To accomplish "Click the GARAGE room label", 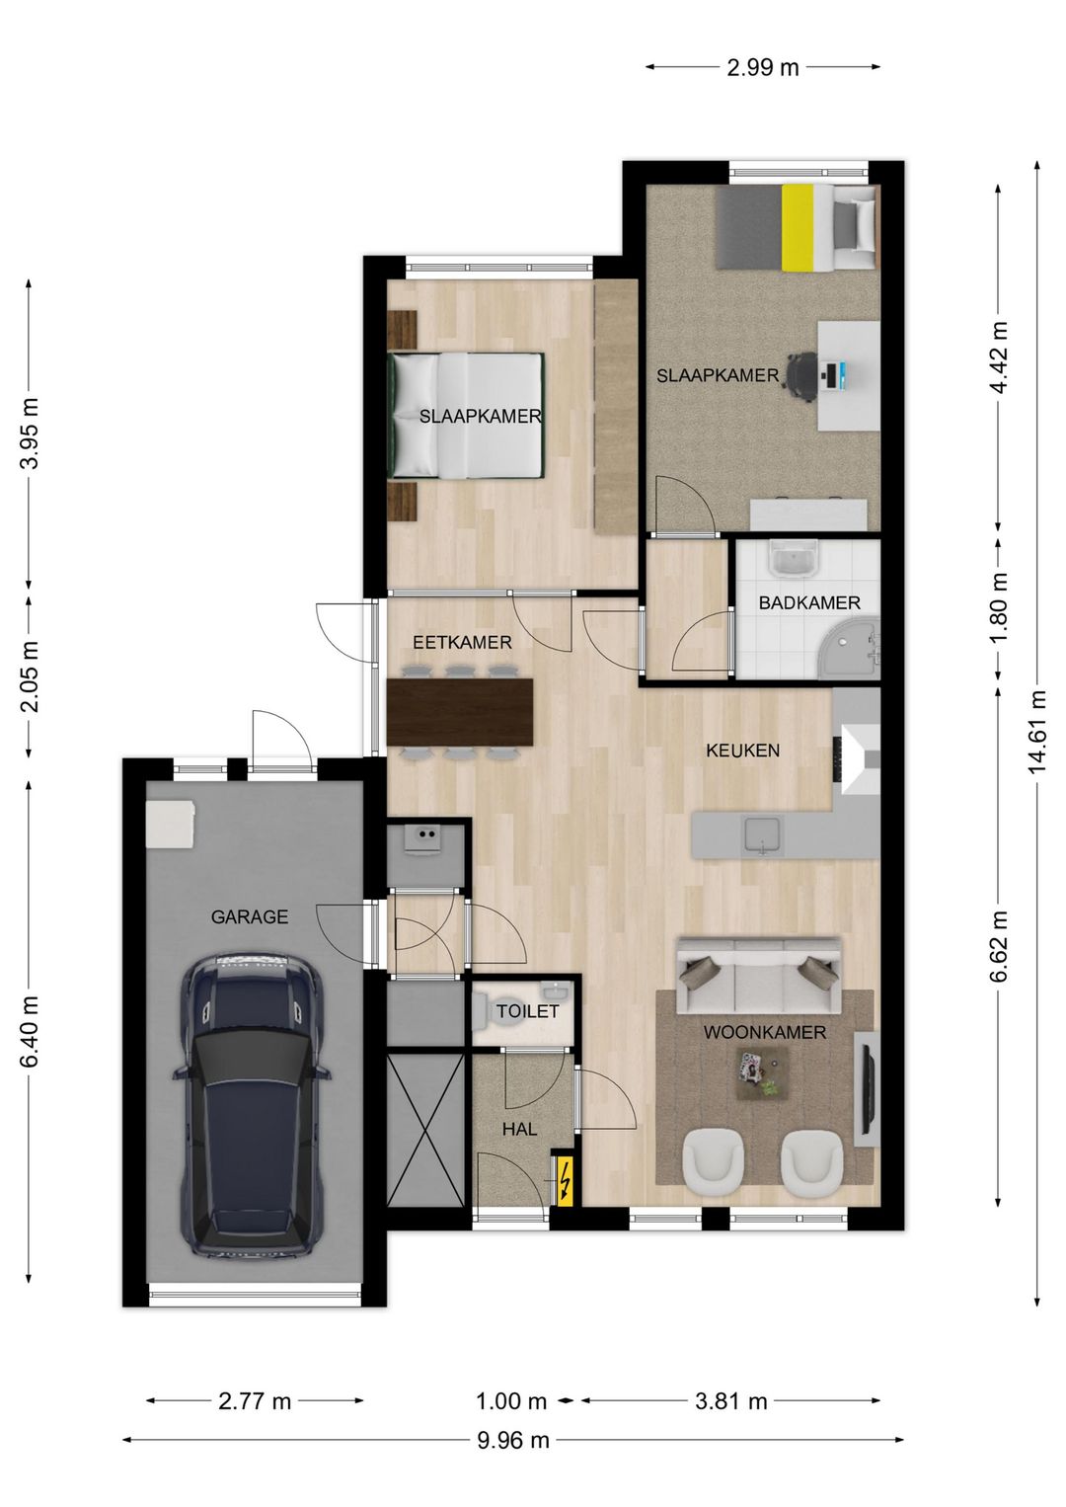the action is click(x=250, y=917).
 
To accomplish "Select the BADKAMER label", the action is click(x=809, y=602).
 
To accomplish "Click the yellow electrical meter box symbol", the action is click(x=563, y=1181).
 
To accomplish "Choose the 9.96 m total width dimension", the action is click(x=513, y=1460).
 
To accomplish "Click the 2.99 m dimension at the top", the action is click(x=763, y=67).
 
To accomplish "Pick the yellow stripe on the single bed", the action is click(x=798, y=229).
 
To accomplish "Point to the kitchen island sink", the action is click(x=762, y=836).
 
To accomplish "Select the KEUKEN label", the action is click(x=742, y=751).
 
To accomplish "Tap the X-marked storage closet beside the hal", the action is click(x=425, y=1130).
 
